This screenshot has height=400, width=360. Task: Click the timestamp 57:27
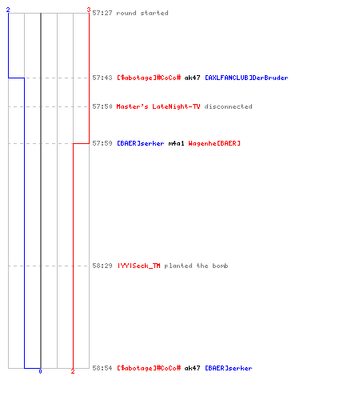[x=102, y=13]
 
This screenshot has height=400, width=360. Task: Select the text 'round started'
[x=142, y=13]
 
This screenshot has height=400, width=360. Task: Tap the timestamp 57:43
[x=102, y=78]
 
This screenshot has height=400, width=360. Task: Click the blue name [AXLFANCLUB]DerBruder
[x=246, y=78]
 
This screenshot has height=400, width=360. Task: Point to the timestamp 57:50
[x=102, y=106]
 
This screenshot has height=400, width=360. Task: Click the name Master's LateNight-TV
[x=158, y=106]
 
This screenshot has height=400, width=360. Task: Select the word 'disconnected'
[x=229, y=106]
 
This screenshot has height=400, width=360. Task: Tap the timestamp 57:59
[x=102, y=143]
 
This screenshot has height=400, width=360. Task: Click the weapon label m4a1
[x=176, y=143]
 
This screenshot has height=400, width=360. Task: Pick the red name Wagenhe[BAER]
[x=214, y=143]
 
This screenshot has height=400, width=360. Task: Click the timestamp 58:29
[x=102, y=266]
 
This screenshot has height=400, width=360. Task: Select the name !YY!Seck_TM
[x=139, y=266]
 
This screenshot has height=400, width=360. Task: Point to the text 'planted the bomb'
[x=196, y=266]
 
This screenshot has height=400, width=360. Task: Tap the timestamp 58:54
[x=102, y=368]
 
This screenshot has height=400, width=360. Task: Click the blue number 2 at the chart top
[x=8, y=10]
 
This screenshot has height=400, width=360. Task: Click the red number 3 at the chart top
[x=89, y=10]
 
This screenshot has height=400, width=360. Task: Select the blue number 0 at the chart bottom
[x=40, y=371]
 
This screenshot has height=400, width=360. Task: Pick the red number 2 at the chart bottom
[x=73, y=371]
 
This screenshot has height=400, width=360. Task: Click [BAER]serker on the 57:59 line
[x=141, y=143]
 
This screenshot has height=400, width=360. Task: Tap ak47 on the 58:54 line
[x=192, y=368]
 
